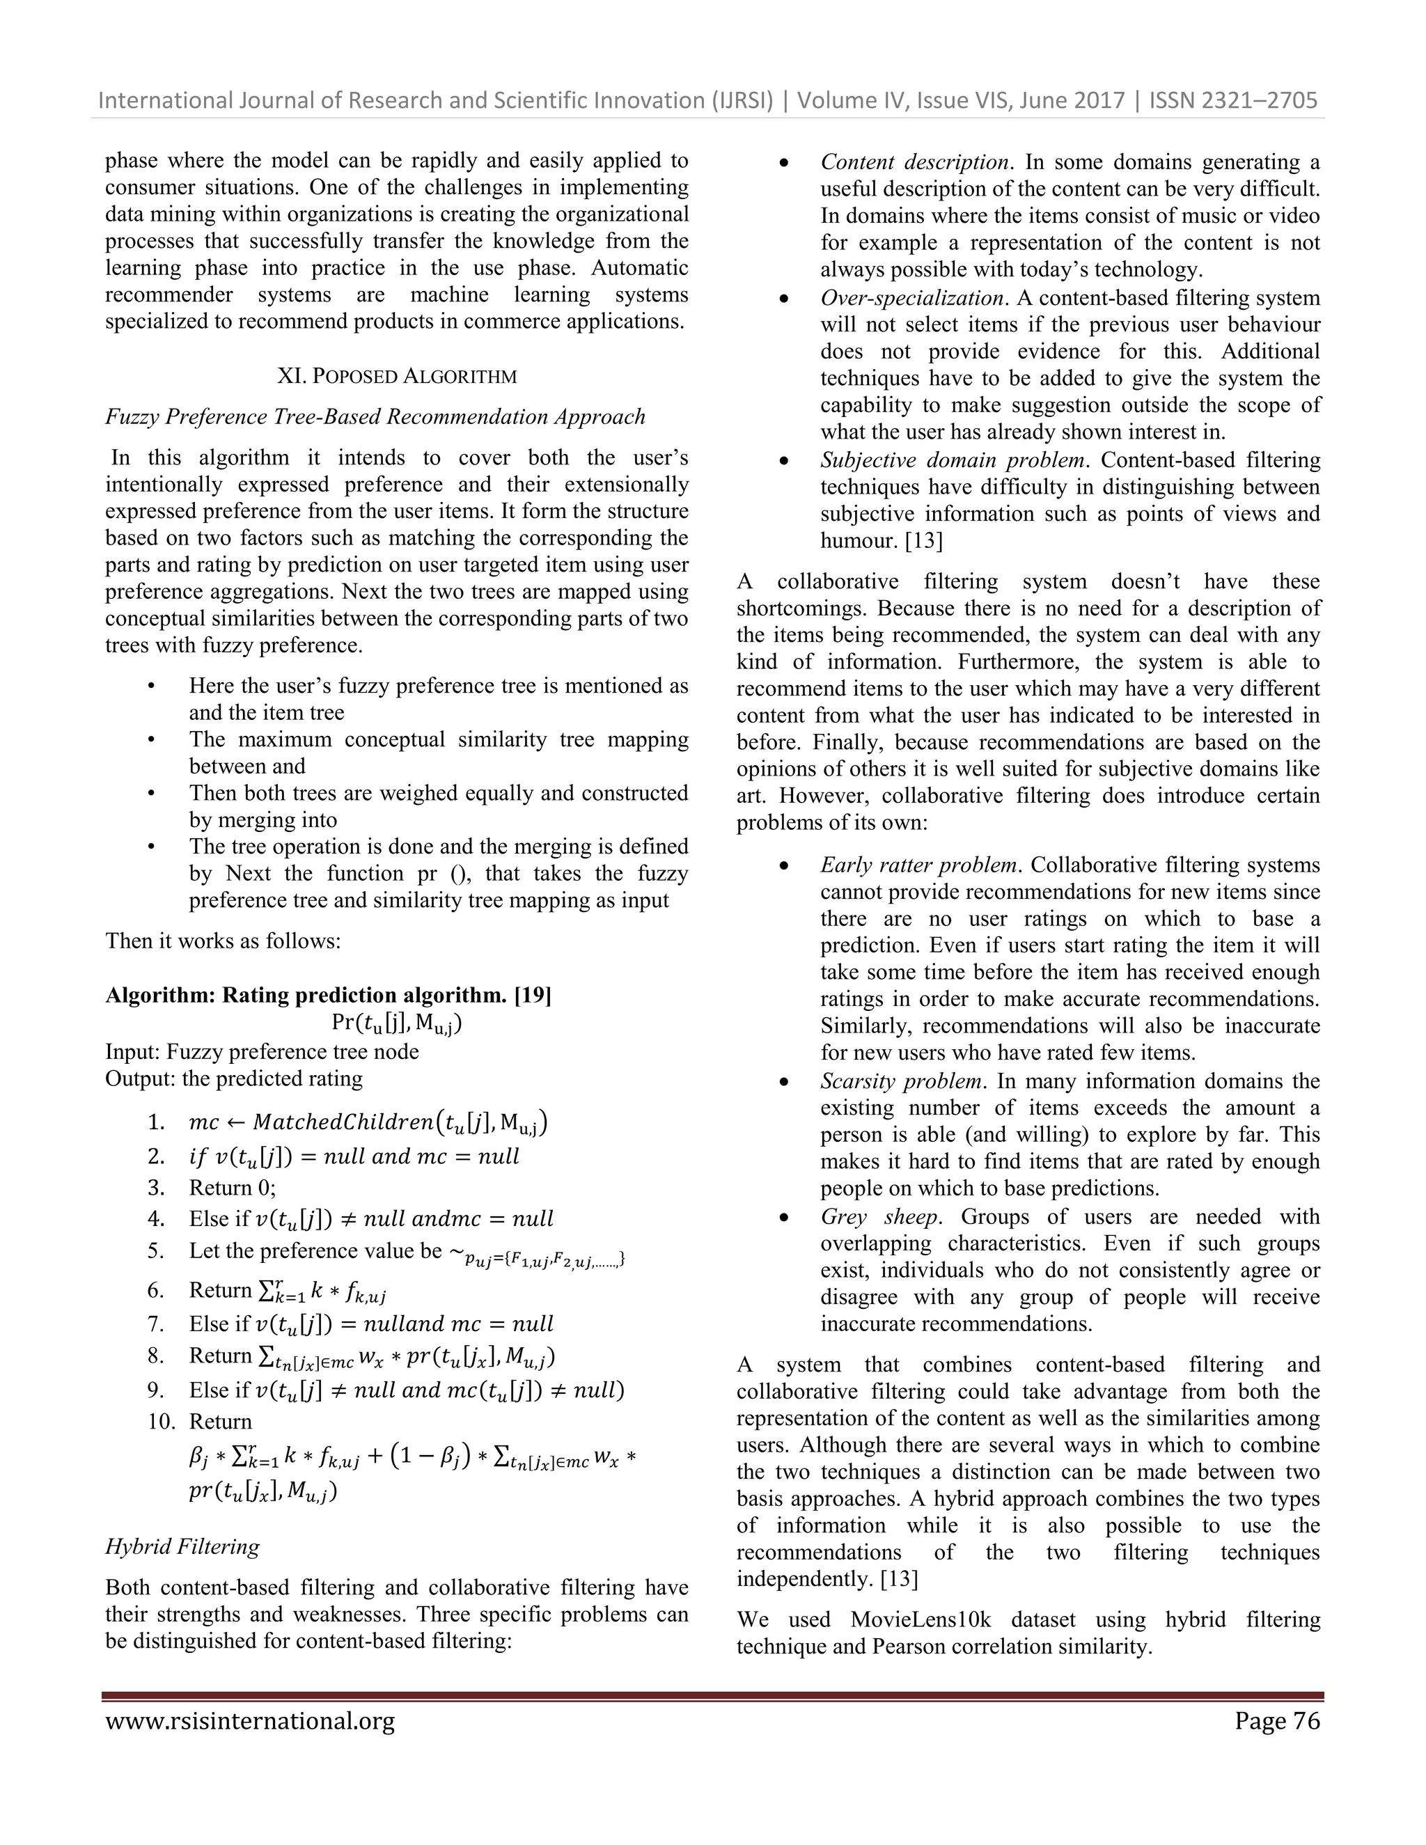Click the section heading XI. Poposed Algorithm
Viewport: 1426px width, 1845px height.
(x=396, y=376)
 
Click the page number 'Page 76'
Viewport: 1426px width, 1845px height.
(x=1276, y=1721)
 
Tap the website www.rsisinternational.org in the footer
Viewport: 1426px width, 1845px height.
(x=250, y=1721)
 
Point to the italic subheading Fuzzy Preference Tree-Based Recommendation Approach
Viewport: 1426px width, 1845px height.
(x=375, y=416)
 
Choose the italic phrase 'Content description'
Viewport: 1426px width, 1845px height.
(x=915, y=162)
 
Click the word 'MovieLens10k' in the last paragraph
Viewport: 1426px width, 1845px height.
(x=920, y=1619)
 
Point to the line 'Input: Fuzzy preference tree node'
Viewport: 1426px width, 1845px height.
(x=262, y=1052)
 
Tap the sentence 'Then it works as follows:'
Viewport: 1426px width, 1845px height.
(x=223, y=941)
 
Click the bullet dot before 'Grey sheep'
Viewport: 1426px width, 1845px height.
(x=784, y=1218)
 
